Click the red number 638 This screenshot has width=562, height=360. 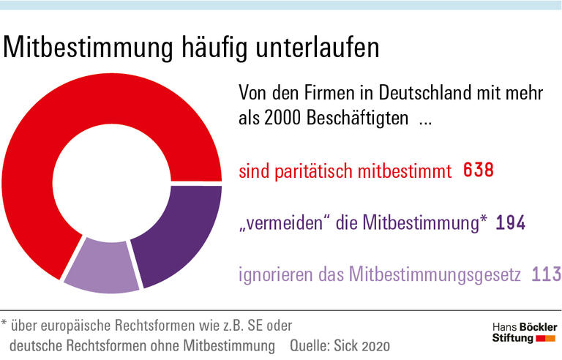[479, 171]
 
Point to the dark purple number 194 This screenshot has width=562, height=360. [511, 223]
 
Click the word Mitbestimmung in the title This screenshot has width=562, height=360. [91, 48]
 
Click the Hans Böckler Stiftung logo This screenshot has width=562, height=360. [524, 332]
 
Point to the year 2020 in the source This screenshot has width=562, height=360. [374, 344]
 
